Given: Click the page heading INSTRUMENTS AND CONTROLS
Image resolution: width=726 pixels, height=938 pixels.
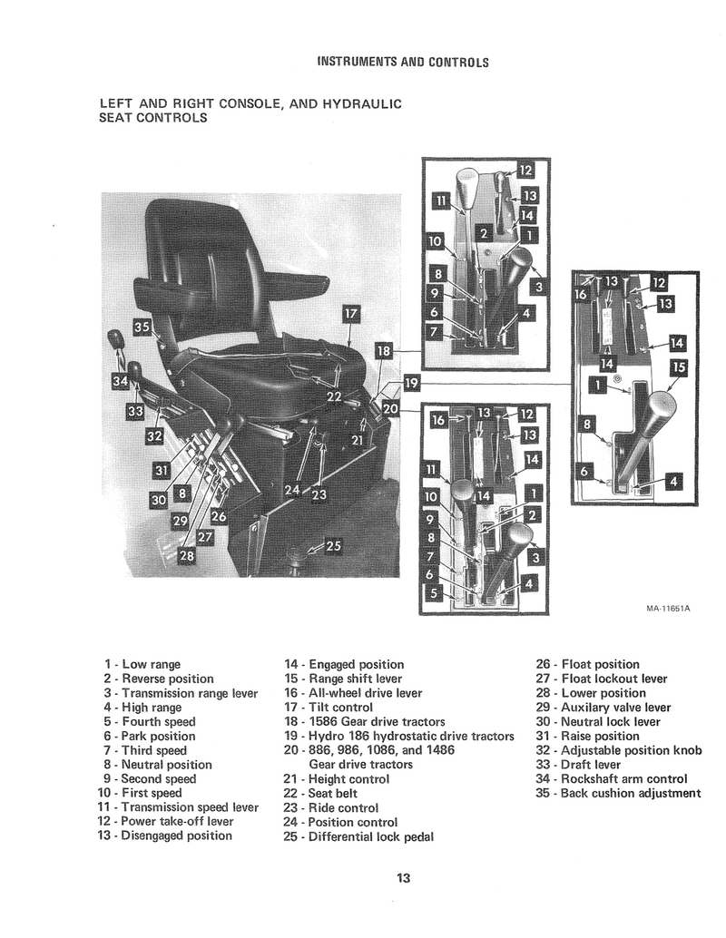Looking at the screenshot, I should point(403,63).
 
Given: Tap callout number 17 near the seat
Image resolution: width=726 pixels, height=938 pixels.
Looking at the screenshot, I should point(351,315).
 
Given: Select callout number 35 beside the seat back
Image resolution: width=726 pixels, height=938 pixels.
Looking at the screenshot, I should point(142,327).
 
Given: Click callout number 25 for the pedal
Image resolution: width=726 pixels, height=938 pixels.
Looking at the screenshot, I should point(333,546).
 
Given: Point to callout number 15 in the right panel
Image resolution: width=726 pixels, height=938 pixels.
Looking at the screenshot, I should point(679,368).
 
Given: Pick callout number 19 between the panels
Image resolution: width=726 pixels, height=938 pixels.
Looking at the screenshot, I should point(411,384).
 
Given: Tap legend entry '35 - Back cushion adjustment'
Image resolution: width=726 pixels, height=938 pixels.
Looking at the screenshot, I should point(618,793).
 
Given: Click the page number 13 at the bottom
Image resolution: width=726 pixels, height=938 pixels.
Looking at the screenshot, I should point(404,877).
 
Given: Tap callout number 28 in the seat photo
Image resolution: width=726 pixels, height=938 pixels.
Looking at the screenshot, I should point(186,555).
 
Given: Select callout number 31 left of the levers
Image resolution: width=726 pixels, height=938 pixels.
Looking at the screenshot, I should point(162,471).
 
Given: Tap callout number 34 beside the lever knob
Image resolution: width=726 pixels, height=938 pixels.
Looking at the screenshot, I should point(119,382).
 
